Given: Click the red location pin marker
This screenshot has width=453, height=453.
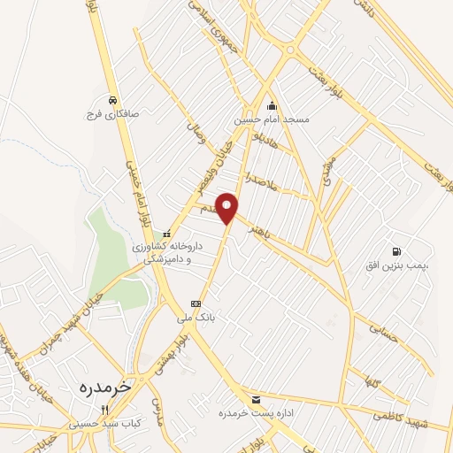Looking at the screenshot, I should [227, 208].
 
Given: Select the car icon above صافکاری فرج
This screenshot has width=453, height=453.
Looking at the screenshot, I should [113, 100].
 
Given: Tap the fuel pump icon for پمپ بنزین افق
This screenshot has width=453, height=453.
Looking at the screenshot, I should [395, 252].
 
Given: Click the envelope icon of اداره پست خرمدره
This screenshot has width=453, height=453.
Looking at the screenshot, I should [256, 400].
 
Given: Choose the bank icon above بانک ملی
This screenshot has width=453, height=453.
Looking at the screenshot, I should [196, 303].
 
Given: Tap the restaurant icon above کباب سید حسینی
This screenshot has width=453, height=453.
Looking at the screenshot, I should [104, 410].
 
